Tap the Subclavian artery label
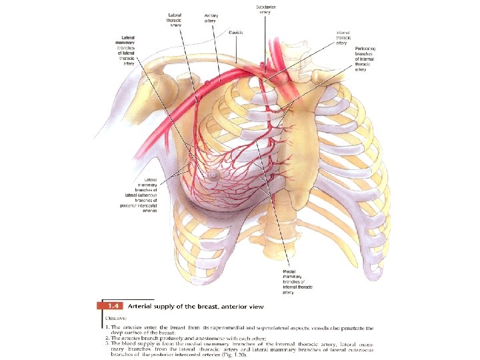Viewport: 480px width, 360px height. [x=266, y=10]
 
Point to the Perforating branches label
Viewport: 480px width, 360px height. [x=366, y=59]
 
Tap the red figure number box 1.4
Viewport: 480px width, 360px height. [x=107, y=306]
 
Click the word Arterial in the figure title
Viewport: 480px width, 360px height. [x=137, y=306]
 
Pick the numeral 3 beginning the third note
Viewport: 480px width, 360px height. [x=107, y=343]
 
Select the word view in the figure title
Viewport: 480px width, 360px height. [x=256, y=306]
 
